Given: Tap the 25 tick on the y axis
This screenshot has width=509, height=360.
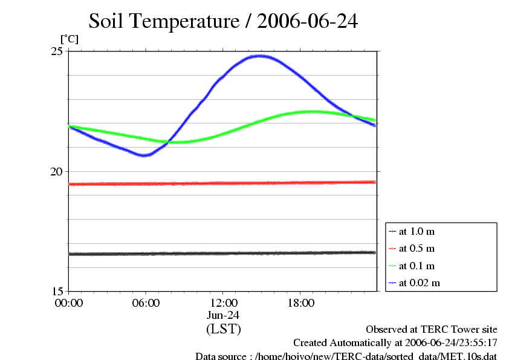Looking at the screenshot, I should pos(56,51).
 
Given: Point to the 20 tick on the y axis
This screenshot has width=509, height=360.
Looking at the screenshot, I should pos(56,171).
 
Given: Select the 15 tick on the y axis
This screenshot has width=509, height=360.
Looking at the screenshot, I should pos(56,291).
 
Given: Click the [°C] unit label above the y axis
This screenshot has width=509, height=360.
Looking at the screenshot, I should pos(69,39).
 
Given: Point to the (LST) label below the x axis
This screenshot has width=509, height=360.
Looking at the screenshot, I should pos(223,329).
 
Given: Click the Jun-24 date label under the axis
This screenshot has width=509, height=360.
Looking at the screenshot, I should pos(223,315).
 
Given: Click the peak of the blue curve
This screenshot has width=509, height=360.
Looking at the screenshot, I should pos(261,56).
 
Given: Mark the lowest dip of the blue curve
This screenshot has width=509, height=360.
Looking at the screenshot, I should pos(144,155).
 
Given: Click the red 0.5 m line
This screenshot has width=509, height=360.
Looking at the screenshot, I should pos(223,183).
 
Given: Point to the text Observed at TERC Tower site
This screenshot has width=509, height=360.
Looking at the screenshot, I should pos(431,329).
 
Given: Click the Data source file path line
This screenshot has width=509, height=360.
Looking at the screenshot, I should pos(346,356).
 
